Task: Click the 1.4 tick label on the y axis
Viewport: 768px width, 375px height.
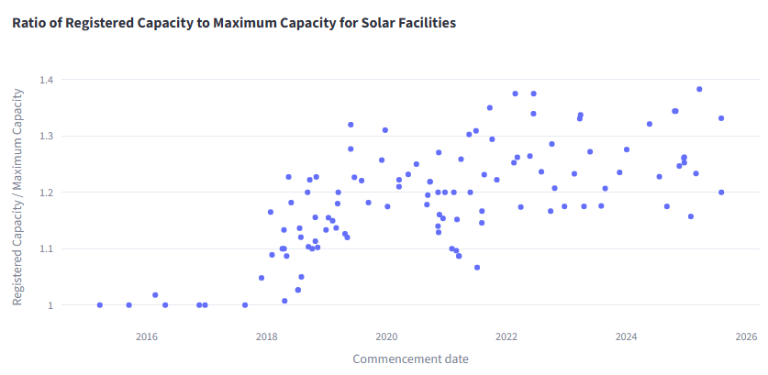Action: point(46,80)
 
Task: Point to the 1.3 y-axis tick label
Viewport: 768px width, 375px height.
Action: point(46,136)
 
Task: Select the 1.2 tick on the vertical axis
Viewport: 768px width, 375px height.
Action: point(46,193)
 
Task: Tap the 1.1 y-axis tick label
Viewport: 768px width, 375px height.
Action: point(46,248)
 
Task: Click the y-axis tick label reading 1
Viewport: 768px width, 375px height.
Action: point(50,305)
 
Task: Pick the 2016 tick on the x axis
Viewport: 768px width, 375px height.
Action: point(147,336)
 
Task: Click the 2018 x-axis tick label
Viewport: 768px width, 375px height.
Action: point(266,336)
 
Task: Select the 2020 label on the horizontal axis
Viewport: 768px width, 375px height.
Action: point(386,336)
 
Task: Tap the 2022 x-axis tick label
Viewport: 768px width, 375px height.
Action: point(506,336)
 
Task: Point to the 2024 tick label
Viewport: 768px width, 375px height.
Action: point(627,336)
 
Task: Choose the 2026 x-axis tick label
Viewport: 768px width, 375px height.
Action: point(746,336)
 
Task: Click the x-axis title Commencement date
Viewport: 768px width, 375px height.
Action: point(410,358)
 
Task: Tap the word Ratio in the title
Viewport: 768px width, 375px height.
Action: point(30,22)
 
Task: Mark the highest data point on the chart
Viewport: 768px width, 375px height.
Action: point(699,89)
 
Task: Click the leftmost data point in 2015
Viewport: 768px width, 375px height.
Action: point(100,305)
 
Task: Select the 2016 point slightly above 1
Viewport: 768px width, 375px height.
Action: point(155,295)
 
